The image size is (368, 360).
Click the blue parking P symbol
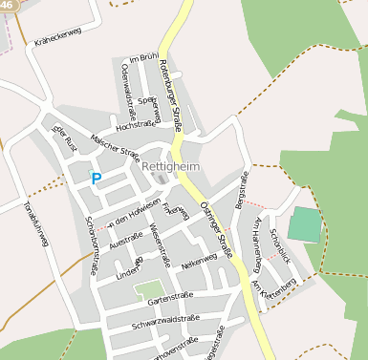tap(96, 178)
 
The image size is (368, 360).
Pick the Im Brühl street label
tap(143, 58)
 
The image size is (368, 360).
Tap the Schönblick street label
tap(279, 247)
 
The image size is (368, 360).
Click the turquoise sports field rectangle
tap(306, 224)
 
